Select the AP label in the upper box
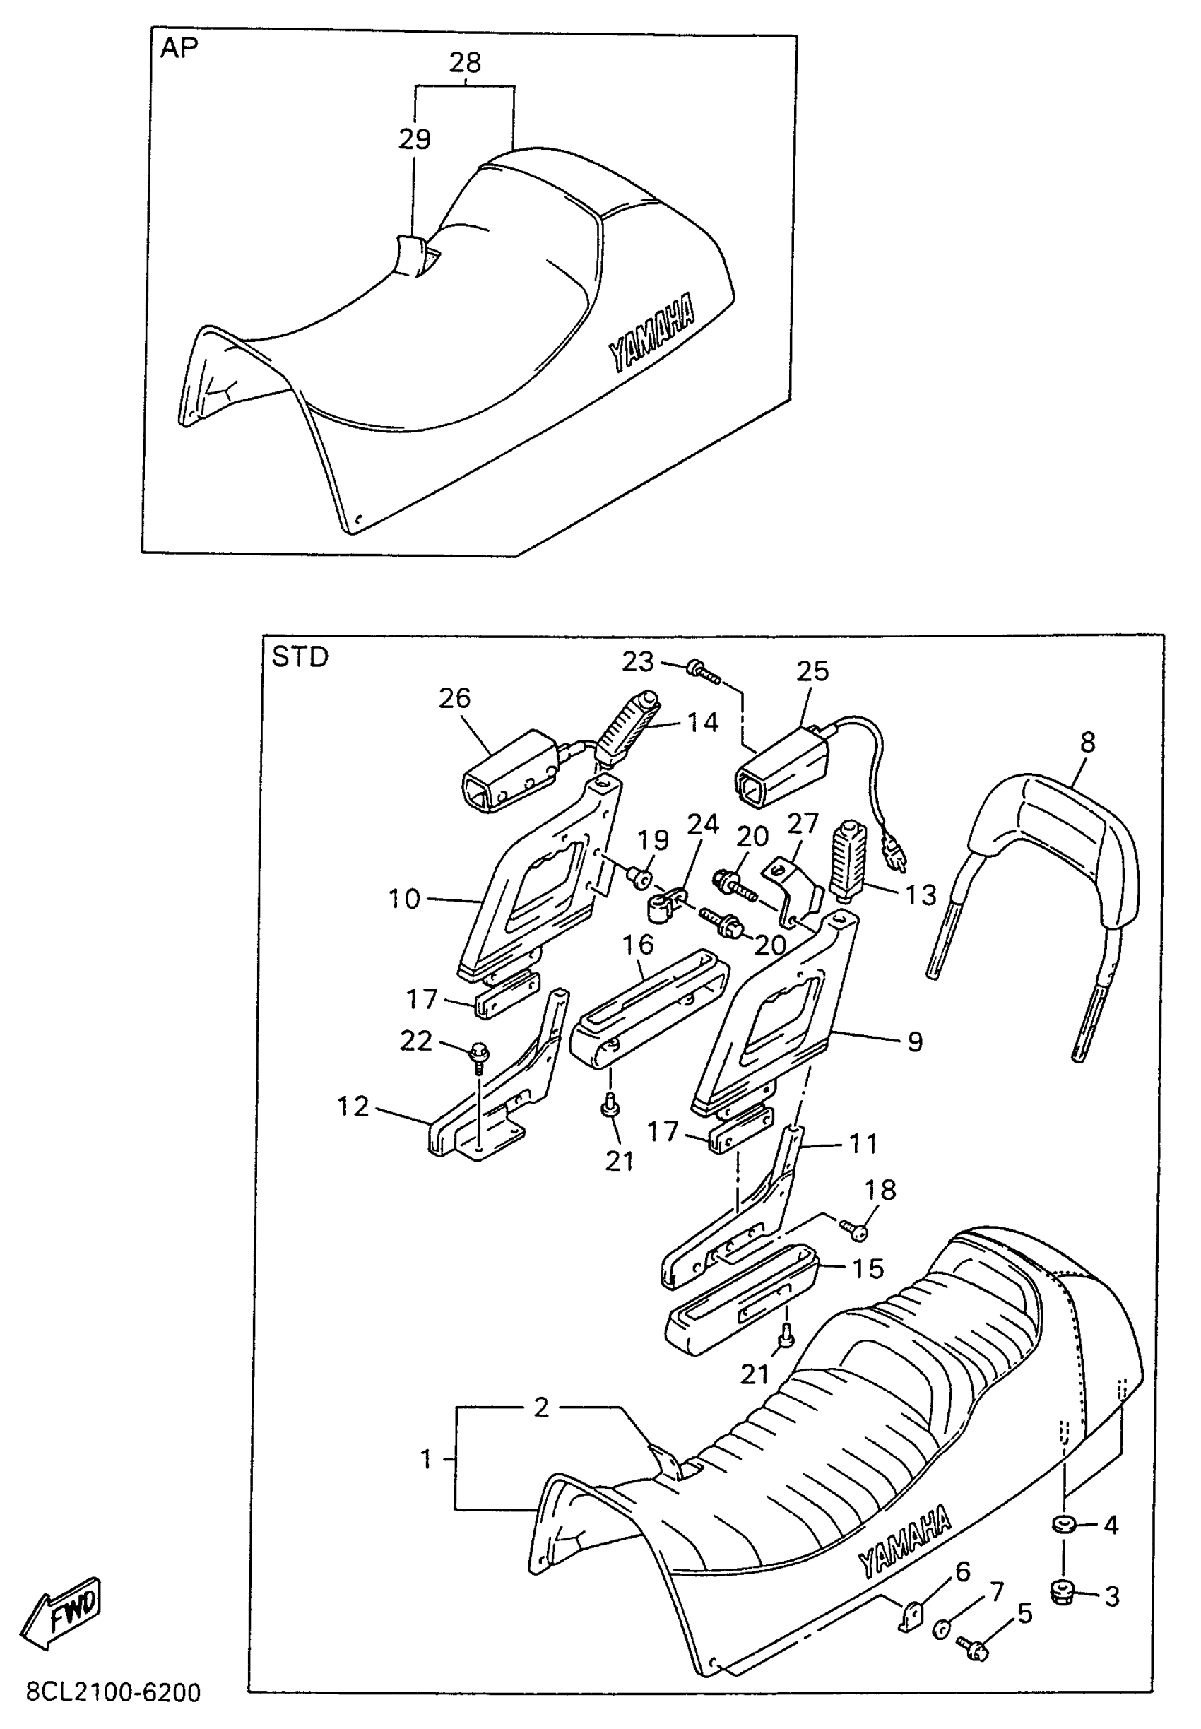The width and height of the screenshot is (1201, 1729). [x=179, y=48]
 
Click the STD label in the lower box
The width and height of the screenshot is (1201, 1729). [x=300, y=657]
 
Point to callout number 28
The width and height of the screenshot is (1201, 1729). [x=464, y=62]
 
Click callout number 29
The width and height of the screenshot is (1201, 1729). [x=415, y=139]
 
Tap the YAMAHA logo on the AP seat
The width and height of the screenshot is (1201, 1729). [x=651, y=332]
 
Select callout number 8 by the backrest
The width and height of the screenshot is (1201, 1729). [x=1087, y=743]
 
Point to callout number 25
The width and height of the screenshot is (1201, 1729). [x=812, y=671]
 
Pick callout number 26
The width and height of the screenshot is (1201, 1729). [x=454, y=698]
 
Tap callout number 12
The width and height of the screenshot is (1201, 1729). [x=352, y=1107]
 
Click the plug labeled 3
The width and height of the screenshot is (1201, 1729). [x=1062, y=1593]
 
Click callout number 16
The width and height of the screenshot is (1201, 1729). [x=638, y=945]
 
